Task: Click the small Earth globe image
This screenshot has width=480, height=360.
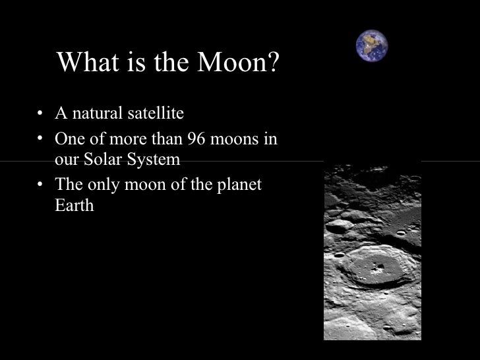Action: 372,45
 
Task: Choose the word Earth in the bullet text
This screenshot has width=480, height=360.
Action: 74,205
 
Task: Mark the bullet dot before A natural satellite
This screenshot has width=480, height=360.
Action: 42,114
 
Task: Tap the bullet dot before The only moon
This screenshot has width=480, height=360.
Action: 42,185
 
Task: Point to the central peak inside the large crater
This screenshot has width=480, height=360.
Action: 377,268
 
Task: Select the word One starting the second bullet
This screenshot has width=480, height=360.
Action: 70,140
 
